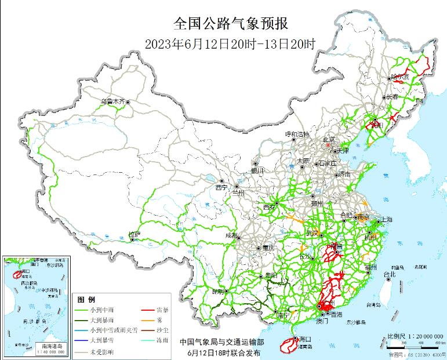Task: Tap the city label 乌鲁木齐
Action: [112, 101]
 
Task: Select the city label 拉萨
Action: [134, 234]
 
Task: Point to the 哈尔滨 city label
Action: [400, 77]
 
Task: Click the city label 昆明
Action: [218, 291]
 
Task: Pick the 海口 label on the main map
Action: [304, 339]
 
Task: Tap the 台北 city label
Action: [390, 274]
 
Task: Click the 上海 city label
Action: [385, 220]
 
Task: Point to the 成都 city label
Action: [231, 235]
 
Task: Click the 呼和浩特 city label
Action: [298, 134]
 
